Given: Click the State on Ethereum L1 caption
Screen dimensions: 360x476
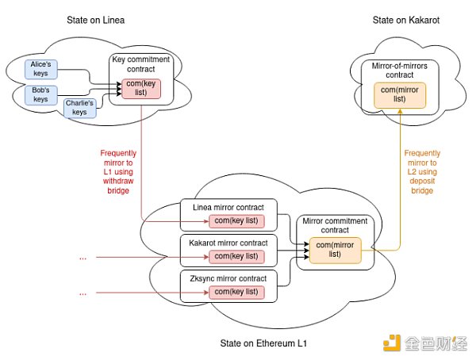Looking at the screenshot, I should [263, 343].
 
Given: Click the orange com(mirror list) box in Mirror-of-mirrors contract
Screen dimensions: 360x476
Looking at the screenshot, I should [401, 95].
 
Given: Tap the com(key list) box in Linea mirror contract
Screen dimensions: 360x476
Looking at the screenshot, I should [236, 220].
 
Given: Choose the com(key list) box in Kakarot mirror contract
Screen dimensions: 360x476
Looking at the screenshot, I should [236, 255].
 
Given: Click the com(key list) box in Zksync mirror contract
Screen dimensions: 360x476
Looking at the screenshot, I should [236, 292].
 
